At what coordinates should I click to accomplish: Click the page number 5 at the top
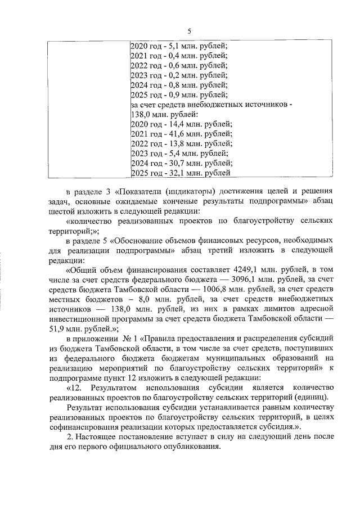189,30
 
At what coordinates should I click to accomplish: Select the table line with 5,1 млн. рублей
178,46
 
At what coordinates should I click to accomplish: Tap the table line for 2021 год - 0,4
178,56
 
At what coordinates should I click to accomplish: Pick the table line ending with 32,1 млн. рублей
180,173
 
